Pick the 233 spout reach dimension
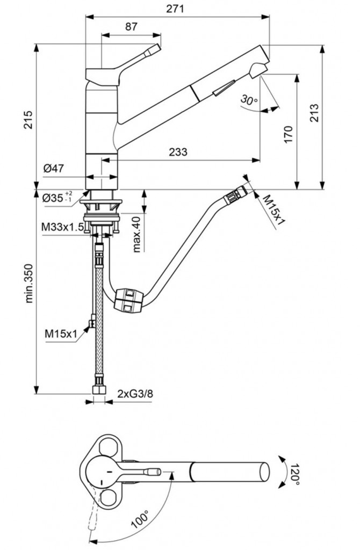point(177,152)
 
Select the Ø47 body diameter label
point(54,168)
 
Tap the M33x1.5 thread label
point(62,227)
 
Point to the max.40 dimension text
point(136,233)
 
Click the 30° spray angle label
point(249,100)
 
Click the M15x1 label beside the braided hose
point(61,334)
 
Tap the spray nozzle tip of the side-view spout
point(259,70)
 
